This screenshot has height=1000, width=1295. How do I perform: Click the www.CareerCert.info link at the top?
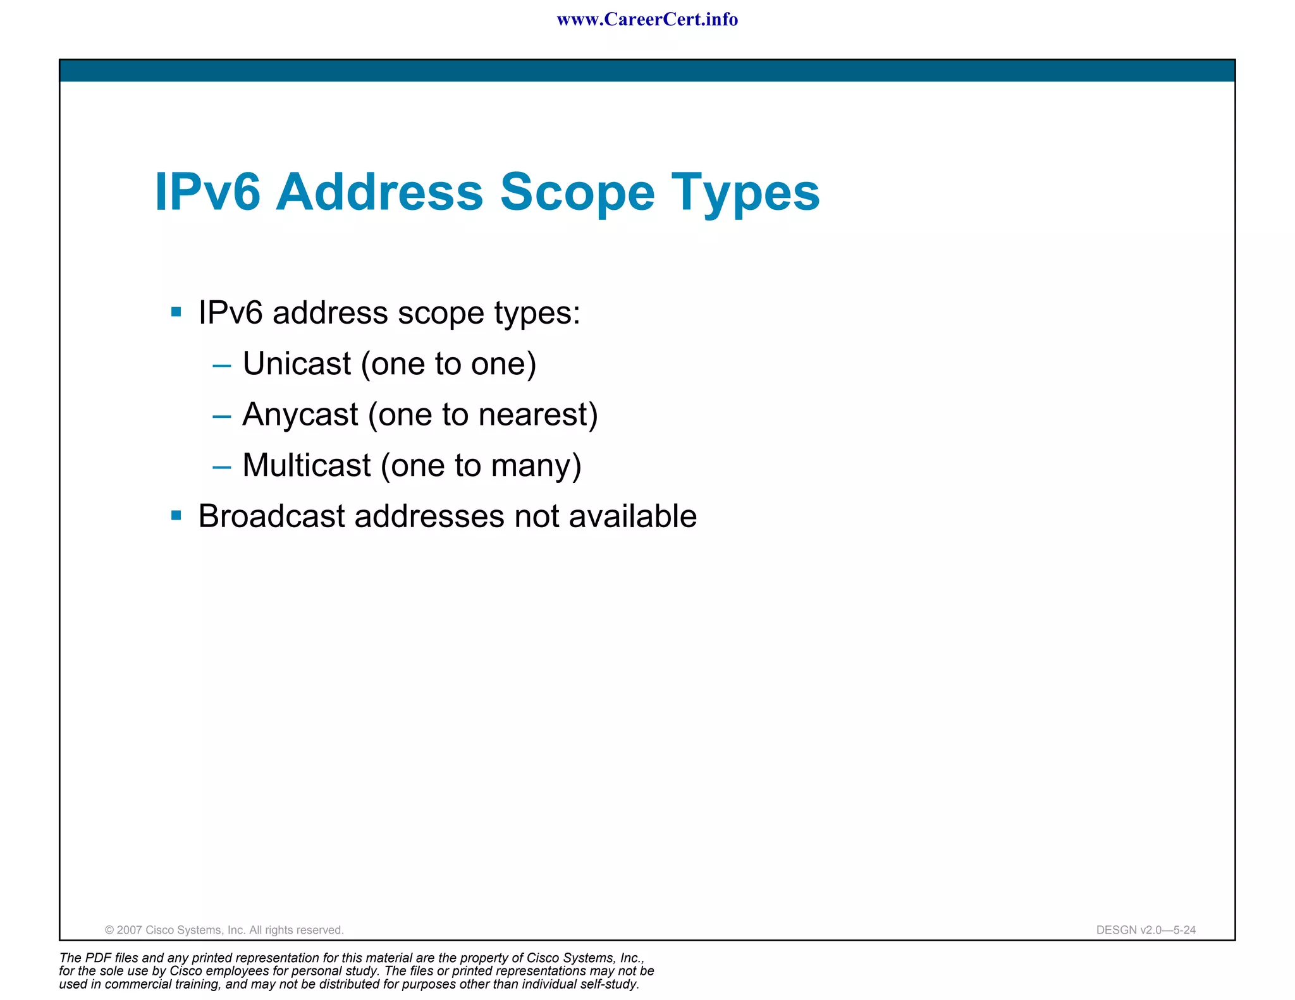click(x=647, y=20)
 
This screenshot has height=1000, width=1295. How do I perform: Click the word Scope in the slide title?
click(x=577, y=192)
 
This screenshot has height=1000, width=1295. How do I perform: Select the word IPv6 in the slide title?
click(x=207, y=192)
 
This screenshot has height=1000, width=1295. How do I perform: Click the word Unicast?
click(x=297, y=363)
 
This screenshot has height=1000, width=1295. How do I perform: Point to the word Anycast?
click(x=300, y=415)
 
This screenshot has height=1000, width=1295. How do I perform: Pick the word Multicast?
click(x=307, y=466)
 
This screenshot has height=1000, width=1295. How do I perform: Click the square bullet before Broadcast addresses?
click(x=176, y=516)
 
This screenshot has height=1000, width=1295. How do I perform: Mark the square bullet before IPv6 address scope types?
click(x=176, y=312)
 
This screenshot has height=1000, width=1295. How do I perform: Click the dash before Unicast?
click(x=222, y=365)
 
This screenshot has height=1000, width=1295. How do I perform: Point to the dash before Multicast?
click(x=222, y=467)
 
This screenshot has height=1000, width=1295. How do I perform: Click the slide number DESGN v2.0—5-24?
click(x=1145, y=930)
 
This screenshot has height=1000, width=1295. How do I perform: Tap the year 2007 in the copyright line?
click(x=130, y=930)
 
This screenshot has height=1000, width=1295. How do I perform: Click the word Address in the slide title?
click(x=379, y=192)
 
